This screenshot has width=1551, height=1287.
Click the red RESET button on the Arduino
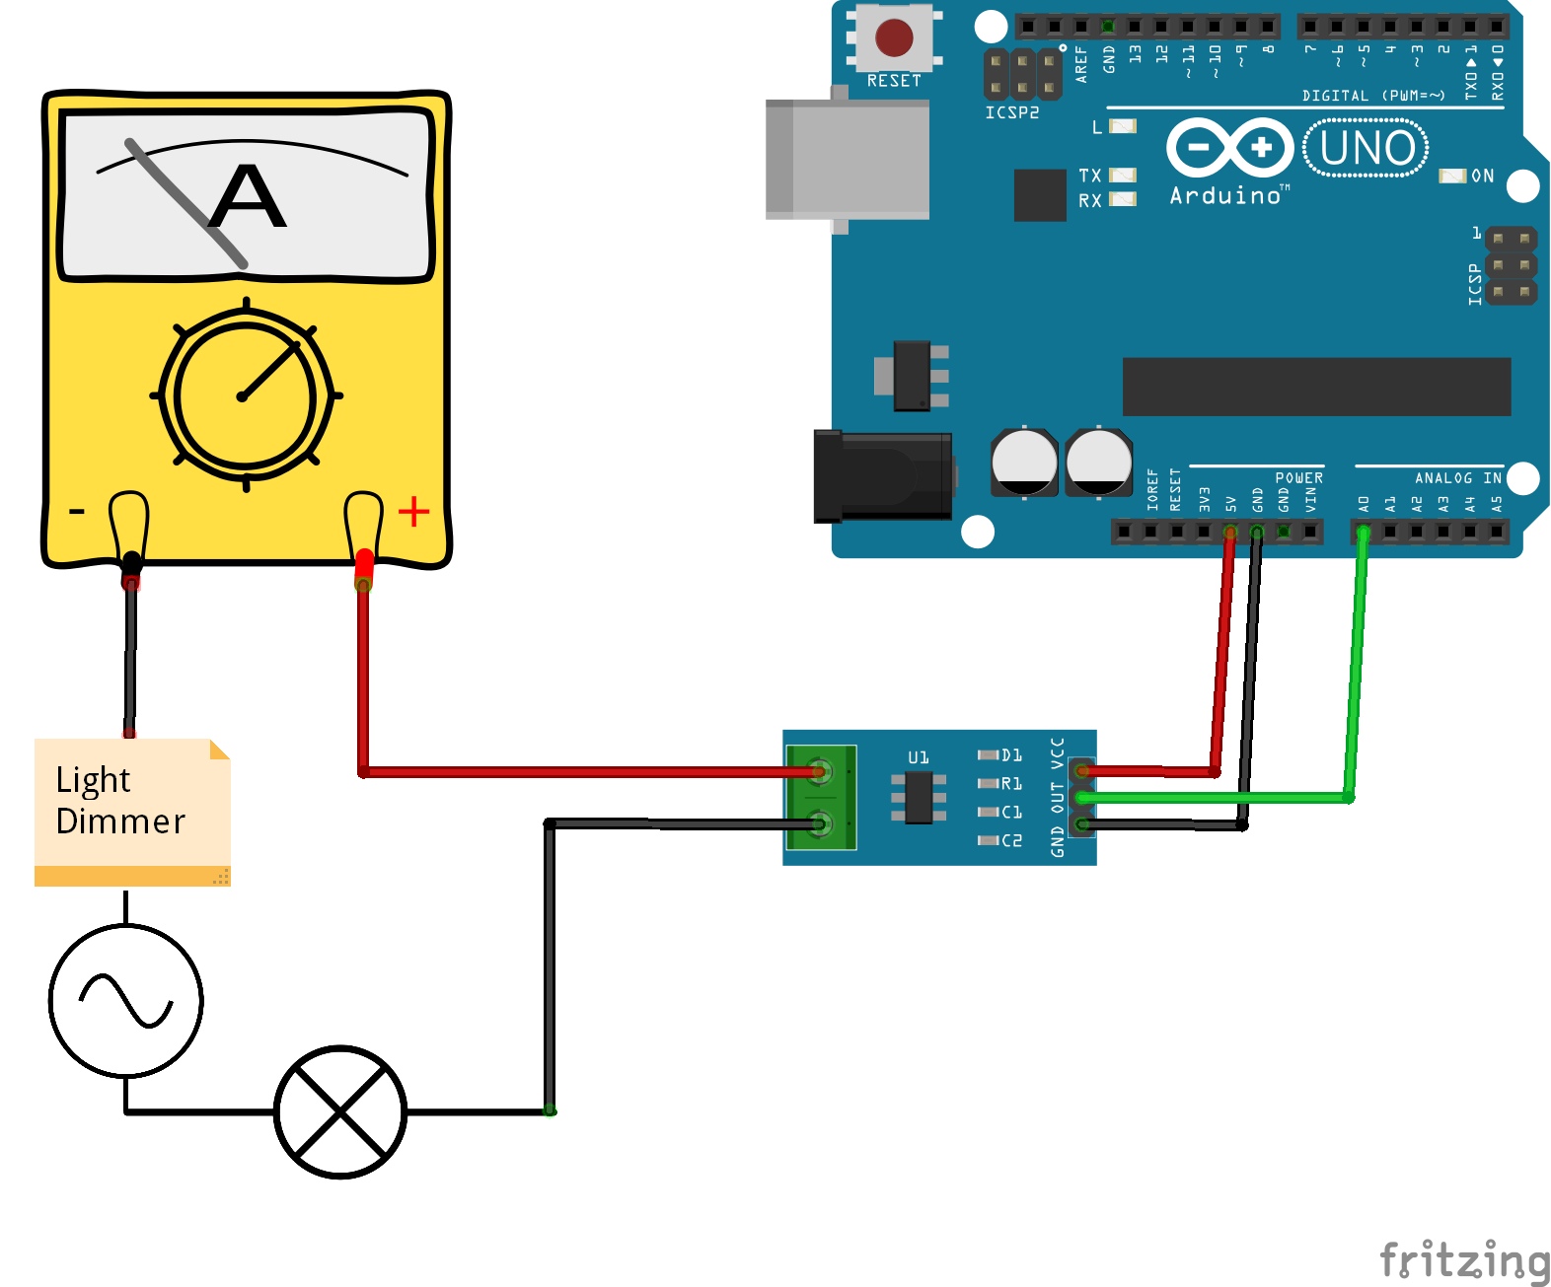pos(894,38)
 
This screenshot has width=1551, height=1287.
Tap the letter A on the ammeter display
pos(249,196)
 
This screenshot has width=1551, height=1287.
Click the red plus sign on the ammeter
pos(413,511)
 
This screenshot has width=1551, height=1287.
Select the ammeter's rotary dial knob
pos(245,395)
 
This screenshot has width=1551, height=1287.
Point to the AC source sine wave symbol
pos(126,1000)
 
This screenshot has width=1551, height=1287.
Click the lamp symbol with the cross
pos(340,1111)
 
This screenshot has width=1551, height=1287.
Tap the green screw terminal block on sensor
pos(821,797)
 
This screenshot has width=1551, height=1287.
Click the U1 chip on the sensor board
pos(919,797)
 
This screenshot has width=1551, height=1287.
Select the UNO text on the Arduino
pos(1366,149)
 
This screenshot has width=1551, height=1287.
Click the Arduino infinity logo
pos(1229,148)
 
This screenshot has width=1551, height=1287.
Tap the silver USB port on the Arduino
pos(848,159)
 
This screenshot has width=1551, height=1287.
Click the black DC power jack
pos(881,476)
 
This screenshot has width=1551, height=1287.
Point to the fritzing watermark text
pos(1463,1259)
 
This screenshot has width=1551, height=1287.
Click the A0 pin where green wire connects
pos(1364,533)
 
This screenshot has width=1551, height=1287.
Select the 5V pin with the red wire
pos(1229,533)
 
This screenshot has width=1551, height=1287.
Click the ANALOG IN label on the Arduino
pos(1457,478)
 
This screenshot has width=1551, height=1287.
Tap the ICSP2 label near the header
pos(1011,112)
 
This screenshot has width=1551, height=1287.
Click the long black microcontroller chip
pos(1316,387)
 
